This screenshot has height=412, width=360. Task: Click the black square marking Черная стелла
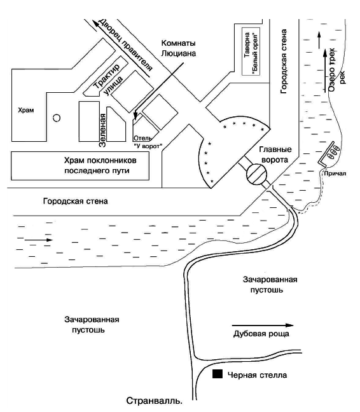pos(218,375)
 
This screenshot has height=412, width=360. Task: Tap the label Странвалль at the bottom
pos(155,401)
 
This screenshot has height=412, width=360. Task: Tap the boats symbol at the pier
pos(332,153)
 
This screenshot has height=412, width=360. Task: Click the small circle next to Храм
pos(56,118)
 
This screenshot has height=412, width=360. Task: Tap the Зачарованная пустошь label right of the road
pos(270,284)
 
